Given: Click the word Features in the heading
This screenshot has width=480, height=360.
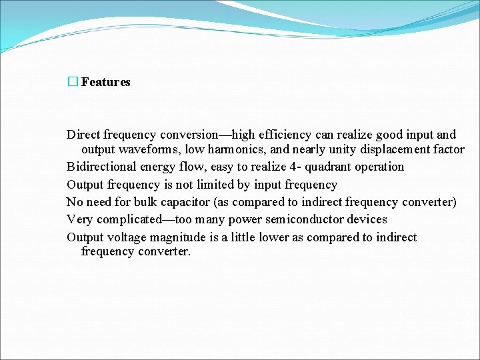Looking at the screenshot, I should click(105, 82).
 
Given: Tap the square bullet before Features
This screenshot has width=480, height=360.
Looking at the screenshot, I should click(73, 82).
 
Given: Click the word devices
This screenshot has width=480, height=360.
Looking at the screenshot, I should click(367, 219).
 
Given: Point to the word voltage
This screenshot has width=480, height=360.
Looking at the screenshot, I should click(127, 237).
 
